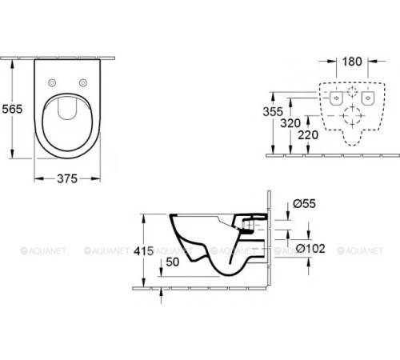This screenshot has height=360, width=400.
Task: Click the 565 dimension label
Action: (x=12, y=109)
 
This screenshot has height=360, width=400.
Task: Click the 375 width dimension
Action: (x=67, y=178)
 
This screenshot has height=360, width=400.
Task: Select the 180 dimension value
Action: (x=352, y=62)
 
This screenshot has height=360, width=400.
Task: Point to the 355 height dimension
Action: (x=273, y=111)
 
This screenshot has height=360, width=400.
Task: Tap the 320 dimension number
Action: (x=290, y=123)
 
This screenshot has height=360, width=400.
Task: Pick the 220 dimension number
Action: (x=308, y=135)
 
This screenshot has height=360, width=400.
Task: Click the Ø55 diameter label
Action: (x=304, y=203)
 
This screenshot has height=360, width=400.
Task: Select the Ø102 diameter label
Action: (x=310, y=249)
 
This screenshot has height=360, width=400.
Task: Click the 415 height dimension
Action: (x=144, y=251)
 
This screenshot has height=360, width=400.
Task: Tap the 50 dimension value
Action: (x=173, y=262)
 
